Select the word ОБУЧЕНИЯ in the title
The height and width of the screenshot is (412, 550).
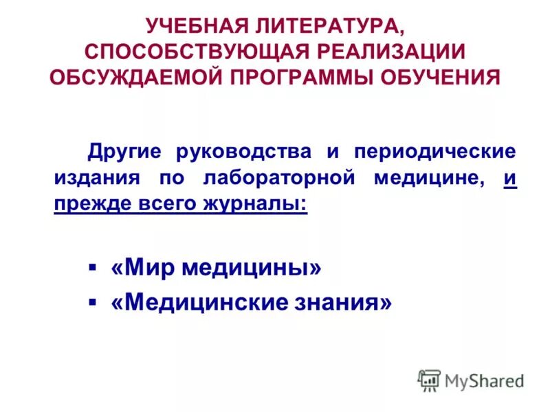(x=440, y=76)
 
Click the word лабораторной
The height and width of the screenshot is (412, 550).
(x=280, y=178)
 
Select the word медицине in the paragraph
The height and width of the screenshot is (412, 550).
(x=427, y=178)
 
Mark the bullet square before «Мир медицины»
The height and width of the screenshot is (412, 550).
(x=92, y=266)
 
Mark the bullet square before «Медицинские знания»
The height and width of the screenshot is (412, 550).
(x=92, y=301)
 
